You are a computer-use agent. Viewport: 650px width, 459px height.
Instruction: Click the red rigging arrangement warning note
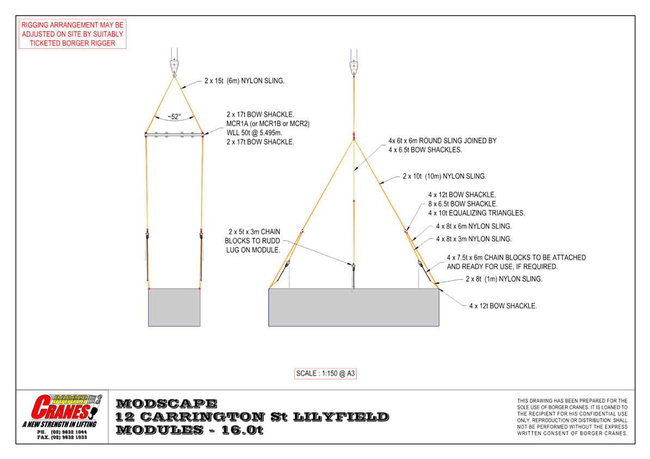click(x=72, y=34)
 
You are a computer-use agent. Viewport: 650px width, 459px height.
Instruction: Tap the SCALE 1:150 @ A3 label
click(x=326, y=374)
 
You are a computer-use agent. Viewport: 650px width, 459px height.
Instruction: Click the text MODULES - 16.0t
click(x=190, y=430)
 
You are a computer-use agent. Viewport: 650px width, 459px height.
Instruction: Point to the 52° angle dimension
click(x=174, y=116)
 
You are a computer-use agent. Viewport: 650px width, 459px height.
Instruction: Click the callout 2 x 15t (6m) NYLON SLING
click(x=244, y=80)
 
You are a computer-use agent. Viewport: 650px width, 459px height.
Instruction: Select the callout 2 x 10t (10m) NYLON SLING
click(x=444, y=176)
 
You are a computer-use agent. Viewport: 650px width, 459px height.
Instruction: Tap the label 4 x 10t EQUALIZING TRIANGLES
click(x=476, y=213)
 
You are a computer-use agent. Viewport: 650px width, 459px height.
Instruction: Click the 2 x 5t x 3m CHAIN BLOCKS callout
click(x=254, y=240)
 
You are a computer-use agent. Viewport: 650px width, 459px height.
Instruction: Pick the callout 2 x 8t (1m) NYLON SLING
click(x=504, y=279)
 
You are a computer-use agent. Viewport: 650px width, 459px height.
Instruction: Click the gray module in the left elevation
click(x=174, y=307)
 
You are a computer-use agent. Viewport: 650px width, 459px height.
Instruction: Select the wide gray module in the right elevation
click(x=354, y=307)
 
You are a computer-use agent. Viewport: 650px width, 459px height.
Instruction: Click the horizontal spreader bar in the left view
click(x=174, y=134)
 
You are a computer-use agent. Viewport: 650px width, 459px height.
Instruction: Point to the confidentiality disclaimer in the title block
click(x=572, y=417)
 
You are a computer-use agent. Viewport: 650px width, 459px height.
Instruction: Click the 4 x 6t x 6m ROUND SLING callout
click(x=442, y=145)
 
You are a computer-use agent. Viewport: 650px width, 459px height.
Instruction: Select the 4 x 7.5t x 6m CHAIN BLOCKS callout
click(x=516, y=262)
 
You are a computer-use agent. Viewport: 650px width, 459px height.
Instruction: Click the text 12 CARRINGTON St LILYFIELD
click(x=253, y=417)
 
